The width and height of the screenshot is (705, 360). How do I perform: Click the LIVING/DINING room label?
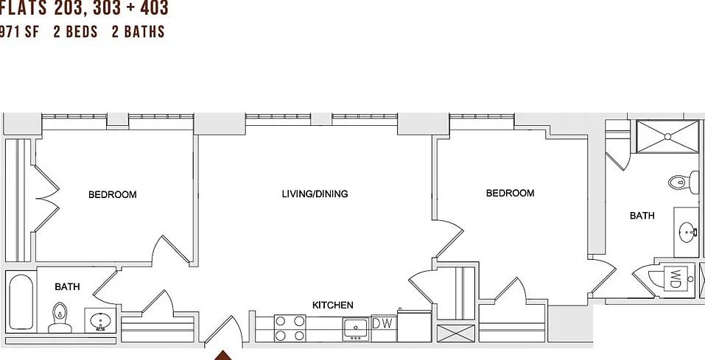click(x=315, y=194)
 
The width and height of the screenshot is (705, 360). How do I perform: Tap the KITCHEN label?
click(x=333, y=306)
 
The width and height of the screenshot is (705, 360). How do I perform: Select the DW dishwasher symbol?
click(x=384, y=323)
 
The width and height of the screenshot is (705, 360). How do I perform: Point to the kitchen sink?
click(x=356, y=328)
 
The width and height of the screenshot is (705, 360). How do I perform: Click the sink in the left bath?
click(x=100, y=320)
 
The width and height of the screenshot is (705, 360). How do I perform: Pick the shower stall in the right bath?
click(x=667, y=137)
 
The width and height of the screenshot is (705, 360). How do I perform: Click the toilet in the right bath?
click(x=684, y=183)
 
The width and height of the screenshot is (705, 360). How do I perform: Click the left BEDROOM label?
click(x=113, y=194)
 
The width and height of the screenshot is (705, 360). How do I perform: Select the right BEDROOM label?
click(x=511, y=194)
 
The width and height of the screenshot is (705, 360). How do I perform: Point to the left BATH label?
click(x=68, y=286)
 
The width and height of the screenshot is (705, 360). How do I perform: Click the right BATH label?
click(x=642, y=216)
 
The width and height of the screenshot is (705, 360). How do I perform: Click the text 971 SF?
click(x=19, y=32)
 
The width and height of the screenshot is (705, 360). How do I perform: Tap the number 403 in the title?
click(x=153, y=7)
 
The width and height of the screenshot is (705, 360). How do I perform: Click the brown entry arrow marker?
click(x=222, y=356)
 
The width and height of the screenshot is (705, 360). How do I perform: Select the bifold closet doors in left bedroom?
click(x=46, y=198)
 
